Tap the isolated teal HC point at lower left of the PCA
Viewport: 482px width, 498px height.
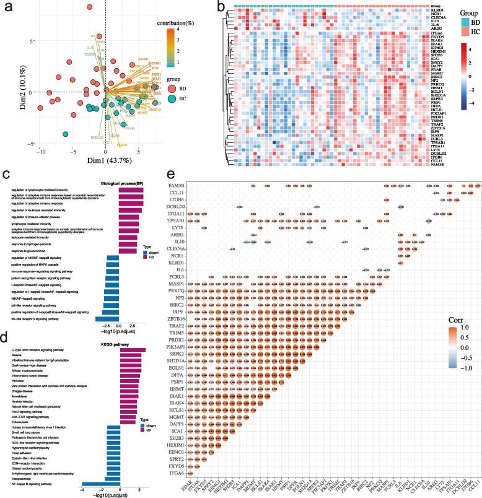[x=65, y=133]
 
